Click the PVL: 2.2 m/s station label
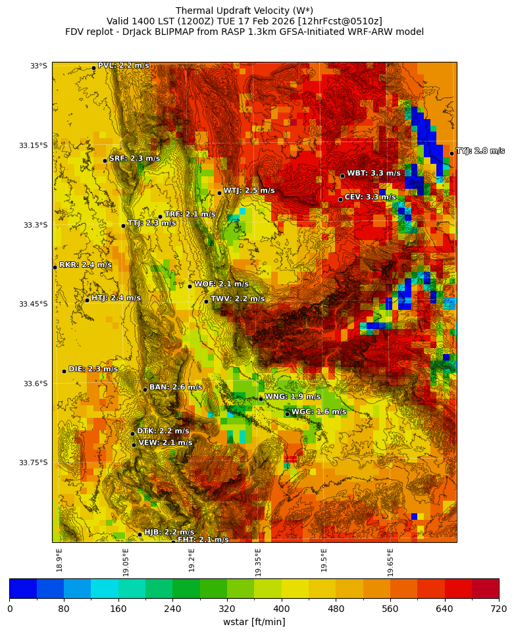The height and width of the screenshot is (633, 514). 123,66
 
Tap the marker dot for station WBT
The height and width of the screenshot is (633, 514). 342,176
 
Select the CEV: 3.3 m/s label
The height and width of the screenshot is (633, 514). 370,197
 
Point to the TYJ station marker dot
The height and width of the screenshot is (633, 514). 451,153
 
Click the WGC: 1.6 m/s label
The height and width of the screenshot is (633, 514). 319,412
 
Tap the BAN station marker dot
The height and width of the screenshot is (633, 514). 145,390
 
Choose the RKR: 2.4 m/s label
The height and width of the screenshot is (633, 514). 86,265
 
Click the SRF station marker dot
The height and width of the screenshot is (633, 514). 105,161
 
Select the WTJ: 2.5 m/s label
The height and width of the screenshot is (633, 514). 249,191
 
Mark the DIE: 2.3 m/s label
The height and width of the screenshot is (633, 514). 93,369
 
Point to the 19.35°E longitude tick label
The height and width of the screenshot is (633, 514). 259,562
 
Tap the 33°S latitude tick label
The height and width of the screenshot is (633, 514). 38,66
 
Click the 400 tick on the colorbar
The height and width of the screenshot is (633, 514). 282,609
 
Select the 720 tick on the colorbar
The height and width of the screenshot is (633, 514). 498,609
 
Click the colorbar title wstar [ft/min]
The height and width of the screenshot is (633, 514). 254,622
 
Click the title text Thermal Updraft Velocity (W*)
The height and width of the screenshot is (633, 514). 244,11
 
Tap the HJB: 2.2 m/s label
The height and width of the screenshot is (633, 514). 169,532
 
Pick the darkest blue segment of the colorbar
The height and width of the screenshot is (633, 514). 23,588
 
